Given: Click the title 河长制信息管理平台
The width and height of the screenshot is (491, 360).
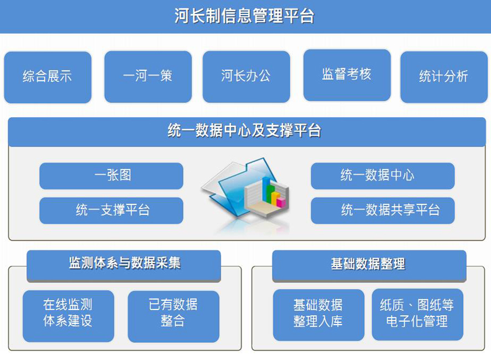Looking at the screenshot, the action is [244, 16].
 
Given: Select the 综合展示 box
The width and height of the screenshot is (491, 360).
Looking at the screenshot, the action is [48, 78].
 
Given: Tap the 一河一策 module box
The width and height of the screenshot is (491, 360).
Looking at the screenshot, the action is [148, 76].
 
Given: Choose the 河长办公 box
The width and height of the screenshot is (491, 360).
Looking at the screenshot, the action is [246, 76].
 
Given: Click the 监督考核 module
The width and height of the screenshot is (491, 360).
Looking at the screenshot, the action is [347, 75].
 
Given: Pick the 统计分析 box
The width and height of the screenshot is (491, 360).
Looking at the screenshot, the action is [444, 77].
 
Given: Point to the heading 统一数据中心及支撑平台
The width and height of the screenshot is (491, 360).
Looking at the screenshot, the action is [244, 130].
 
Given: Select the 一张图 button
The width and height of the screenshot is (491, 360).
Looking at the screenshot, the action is [111, 176].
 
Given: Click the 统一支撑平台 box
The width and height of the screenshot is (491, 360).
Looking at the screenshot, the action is [111, 210].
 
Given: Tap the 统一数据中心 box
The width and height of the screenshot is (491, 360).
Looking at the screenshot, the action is [382, 176].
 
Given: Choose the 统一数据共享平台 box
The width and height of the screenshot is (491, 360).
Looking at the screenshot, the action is [382, 210].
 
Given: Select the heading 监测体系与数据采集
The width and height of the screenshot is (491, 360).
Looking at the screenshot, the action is [125, 263].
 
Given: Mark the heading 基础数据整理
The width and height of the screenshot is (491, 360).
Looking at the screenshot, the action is [368, 264].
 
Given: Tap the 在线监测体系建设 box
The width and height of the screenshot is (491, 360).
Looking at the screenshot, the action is [68, 316].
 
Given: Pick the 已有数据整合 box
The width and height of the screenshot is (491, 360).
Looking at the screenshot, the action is [173, 316].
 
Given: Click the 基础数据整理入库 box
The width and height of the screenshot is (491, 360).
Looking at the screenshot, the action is [319, 315].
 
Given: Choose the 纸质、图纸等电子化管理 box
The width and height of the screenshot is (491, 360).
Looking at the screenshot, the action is [417, 314].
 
